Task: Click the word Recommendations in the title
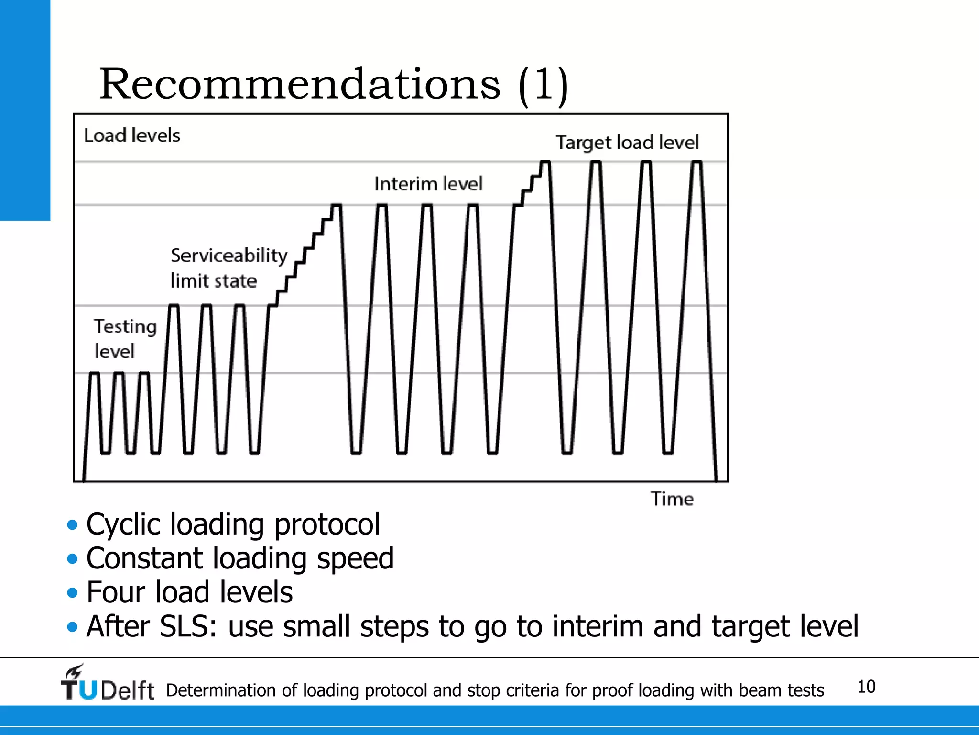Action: (x=300, y=85)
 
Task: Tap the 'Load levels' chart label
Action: (x=132, y=135)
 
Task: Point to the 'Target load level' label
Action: (x=627, y=143)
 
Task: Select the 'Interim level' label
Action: (x=428, y=184)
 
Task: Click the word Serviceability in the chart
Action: (x=229, y=256)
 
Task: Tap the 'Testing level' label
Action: (x=125, y=338)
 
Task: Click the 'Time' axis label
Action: (x=672, y=499)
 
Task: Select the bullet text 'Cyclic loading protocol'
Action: (x=233, y=524)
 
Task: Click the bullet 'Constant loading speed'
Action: (x=240, y=558)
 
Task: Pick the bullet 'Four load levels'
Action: (x=189, y=592)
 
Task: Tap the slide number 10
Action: (x=866, y=687)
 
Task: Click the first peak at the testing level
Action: (x=95, y=373)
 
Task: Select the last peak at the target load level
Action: (x=696, y=163)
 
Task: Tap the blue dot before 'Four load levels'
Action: (x=72, y=593)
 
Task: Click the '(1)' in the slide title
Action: (x=543, y=85)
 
